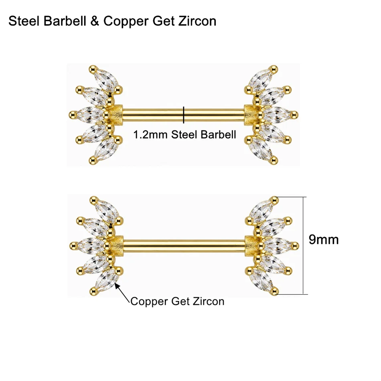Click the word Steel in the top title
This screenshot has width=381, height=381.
(24, 21)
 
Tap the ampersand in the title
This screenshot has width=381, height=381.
(95, 21)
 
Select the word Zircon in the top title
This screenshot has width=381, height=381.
(197, 21)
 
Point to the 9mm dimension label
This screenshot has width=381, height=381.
(324, 239)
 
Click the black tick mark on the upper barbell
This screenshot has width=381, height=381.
(184, 115)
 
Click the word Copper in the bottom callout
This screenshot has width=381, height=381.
(150, 302)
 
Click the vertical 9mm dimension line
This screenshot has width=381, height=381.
(303, 246)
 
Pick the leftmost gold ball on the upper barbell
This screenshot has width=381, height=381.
(72, 114)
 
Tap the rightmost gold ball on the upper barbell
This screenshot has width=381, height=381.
(295, 114)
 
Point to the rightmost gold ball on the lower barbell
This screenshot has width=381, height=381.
(296, 245)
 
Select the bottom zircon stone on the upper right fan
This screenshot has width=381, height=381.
(261, 148)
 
